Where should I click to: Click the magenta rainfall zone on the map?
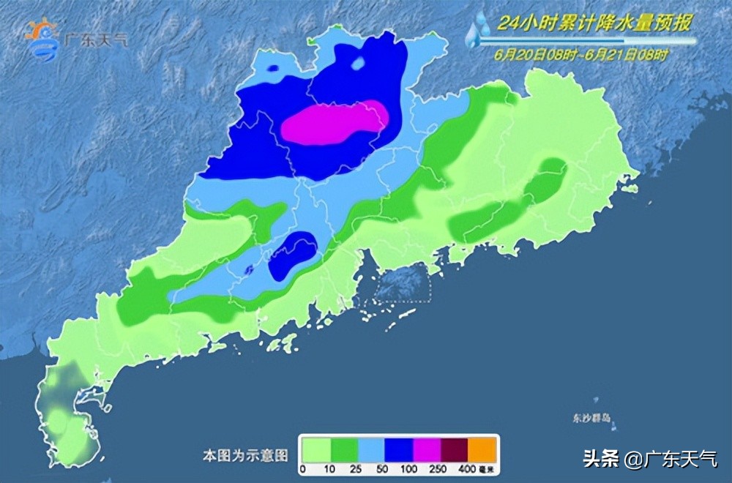click(x=333, y=121)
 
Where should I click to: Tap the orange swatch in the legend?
click(x=482, y=447)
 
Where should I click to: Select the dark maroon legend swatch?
click(x=454, y=447)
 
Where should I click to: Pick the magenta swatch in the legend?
click(x=426, y=447)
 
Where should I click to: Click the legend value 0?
click(x=302, y=468)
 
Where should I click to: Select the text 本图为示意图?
click(x=244, y=455)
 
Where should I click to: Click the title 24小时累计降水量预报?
click(x=593, y=24)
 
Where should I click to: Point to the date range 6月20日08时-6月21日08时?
click(x=580, y=53)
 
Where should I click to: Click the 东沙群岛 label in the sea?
click(x=592, y=419)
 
